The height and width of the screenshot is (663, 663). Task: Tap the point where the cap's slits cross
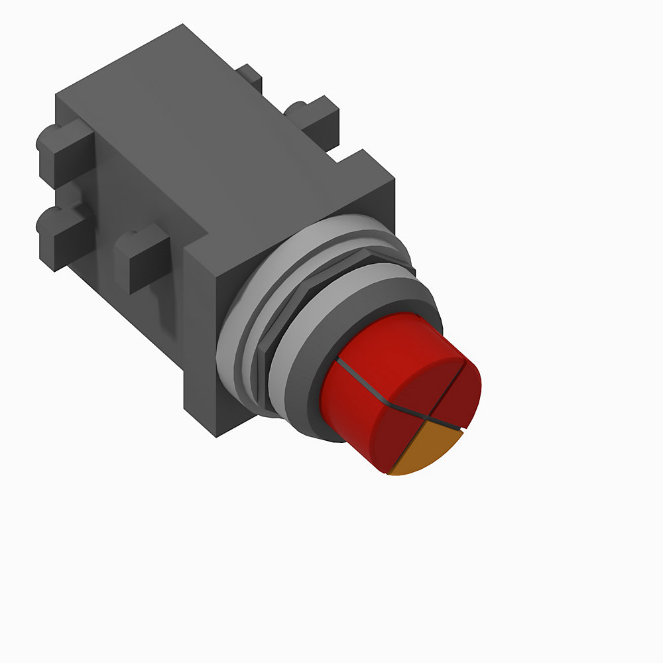coord(431,420)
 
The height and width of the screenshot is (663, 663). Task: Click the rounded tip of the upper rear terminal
coord(43,139)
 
